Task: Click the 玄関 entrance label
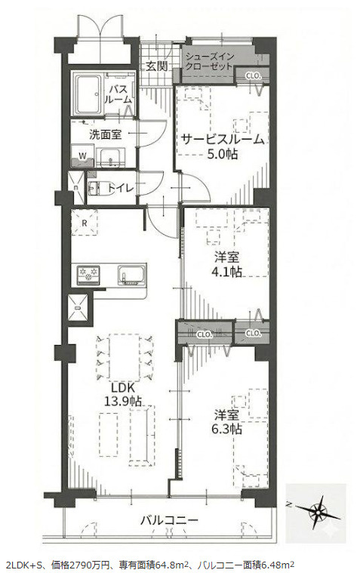coord(157,66)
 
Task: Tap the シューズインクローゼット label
coord(209,62)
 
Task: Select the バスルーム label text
coord(118,94)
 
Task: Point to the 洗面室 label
coord(105,135)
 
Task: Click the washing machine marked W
coord(82,156)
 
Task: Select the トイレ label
coord(121,188)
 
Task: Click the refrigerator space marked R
coord(85,223)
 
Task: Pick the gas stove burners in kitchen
coord(88,274)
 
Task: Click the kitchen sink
coord(131,275)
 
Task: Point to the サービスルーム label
coord(222,139)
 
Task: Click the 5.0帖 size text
coord(223,154)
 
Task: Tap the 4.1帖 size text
coord(226,272)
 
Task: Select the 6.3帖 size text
coord(226,429)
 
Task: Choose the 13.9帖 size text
coord(123,402)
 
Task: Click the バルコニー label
coord(169,519)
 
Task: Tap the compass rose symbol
coord(317,513)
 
